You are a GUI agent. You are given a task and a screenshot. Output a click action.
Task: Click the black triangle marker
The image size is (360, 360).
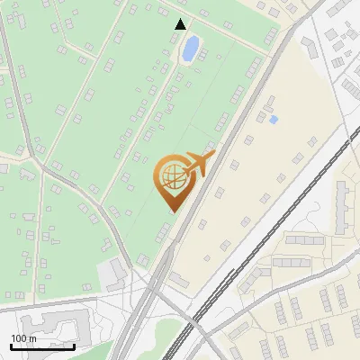[x=181, y=24]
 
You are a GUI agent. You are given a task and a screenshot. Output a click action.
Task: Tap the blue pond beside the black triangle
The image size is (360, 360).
[x=191, y=49]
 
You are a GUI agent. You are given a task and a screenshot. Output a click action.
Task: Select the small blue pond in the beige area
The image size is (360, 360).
[x=274, y=119]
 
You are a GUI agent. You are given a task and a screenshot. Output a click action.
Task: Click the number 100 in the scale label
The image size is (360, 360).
[x=19, y=338]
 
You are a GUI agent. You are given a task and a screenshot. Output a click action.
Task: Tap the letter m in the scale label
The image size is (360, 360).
[x=32, y=338]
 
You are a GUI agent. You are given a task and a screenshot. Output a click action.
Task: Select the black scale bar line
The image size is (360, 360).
[x=41, y=346]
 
